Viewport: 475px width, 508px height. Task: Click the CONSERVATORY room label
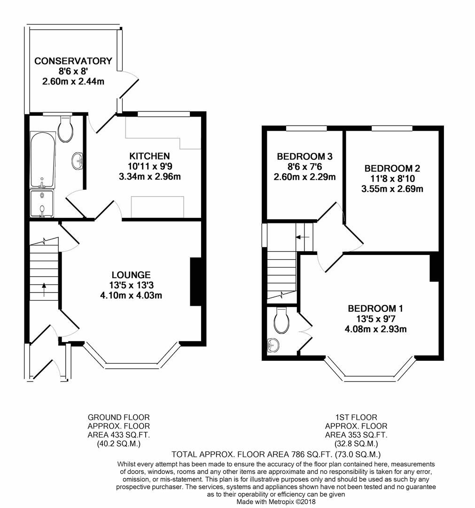[x=73, y=61]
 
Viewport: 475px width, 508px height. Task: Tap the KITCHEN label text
[x=149, y=156]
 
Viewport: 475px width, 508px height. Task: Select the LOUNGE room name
[x=131, y=275]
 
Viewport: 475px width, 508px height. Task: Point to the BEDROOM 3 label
[x=304, y=157]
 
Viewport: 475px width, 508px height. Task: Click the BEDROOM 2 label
[x=392, y=168]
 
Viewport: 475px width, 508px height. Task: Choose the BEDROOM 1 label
[x=375, y=309]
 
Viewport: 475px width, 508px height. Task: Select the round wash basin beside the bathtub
[x=78, y=161]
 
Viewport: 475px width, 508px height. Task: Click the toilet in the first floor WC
[x=281, y=320]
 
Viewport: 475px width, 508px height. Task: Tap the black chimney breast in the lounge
[x=196, y=282]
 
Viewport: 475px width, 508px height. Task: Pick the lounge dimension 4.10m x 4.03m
[x=131, y=295]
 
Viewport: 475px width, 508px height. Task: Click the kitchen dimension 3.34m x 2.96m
[x=149, y=177]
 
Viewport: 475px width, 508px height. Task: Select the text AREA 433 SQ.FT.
[x=119, y=435]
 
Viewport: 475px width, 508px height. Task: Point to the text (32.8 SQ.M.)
[x=356, y=444]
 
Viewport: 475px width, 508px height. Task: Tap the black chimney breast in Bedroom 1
[x=435, y=268]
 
